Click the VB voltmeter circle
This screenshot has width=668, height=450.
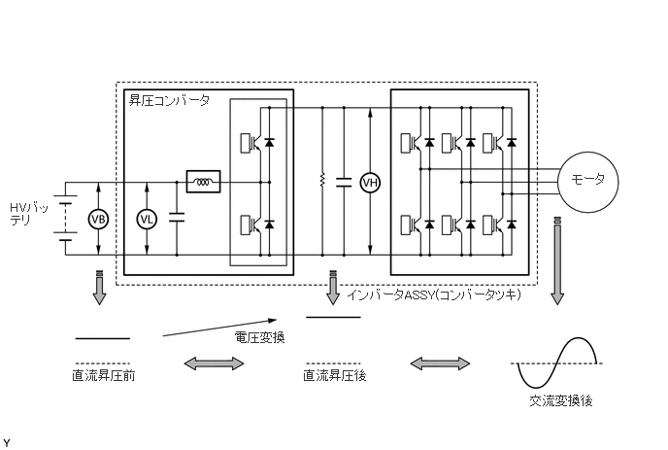tap(99, 219)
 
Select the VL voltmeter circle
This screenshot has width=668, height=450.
tap(147, 219)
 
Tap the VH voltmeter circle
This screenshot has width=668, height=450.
tap(369, 182)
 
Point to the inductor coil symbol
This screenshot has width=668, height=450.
tap(204, 182)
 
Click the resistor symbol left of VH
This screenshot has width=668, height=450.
tap(321, 181)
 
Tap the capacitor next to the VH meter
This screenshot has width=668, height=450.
tap(342, 182)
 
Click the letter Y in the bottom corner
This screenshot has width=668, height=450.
tap(7, 442)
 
